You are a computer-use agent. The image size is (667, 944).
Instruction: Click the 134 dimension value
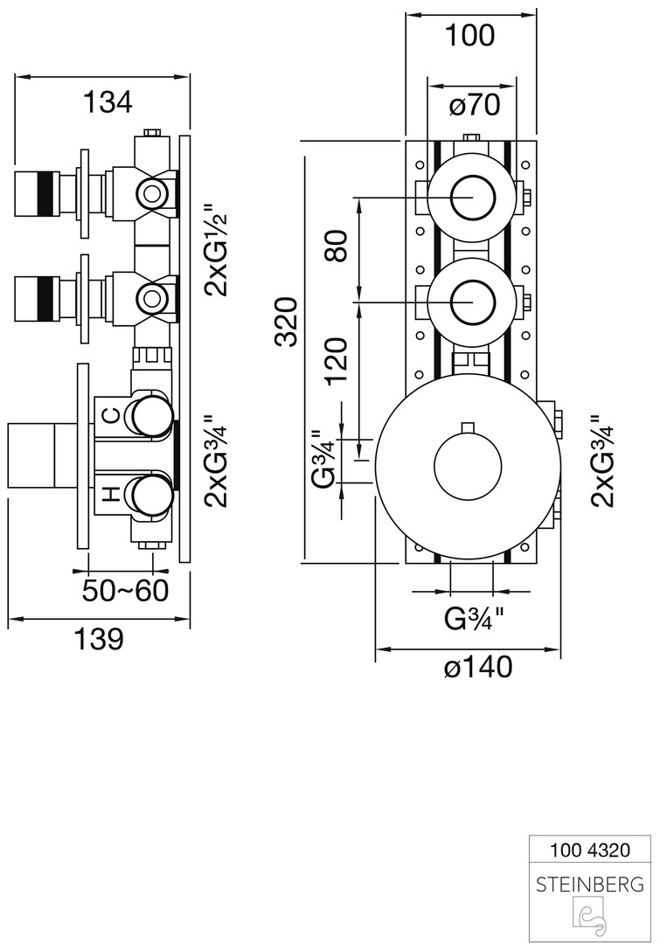tap(107, 102)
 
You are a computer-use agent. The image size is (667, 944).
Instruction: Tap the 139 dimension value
tap(98, 639)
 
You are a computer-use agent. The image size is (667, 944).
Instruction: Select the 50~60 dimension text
tap(125, 591)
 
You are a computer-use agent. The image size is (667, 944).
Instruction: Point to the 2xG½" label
tap(213, 250)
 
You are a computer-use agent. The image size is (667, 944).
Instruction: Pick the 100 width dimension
tap(469, 36)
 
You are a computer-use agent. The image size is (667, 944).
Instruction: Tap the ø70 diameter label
tap(474, 107)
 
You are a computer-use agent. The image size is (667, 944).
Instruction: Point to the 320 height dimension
tap(288, 322)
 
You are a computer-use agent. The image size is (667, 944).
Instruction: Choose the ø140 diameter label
tap(477, 669)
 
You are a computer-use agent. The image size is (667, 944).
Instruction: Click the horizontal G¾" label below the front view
tap(475, 619)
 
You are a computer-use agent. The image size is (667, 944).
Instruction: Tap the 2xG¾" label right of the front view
tap(602, 461)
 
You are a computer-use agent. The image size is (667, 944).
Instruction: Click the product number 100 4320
tap(589, 848)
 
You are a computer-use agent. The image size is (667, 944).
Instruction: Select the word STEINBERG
tap(589, 884)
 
